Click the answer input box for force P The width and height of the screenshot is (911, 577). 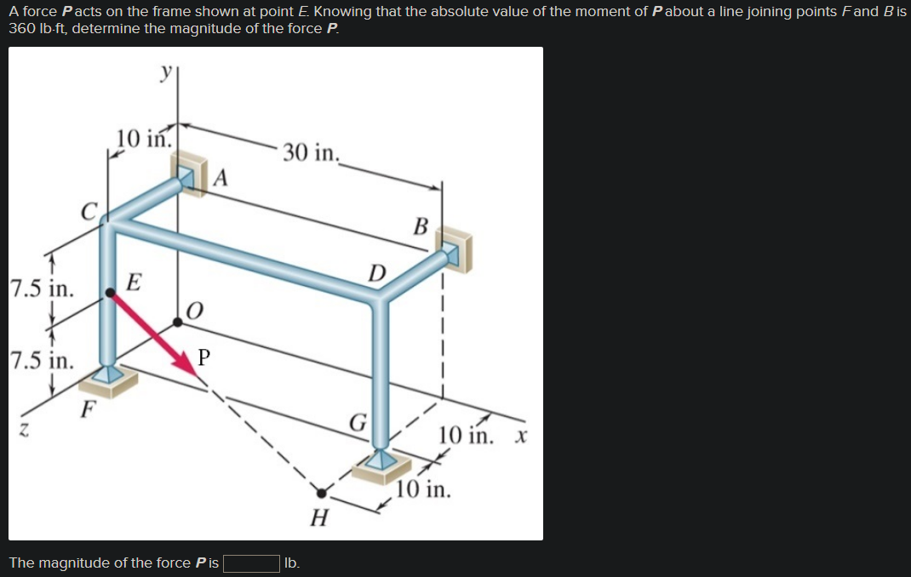pos(251,563)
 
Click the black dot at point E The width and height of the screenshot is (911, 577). pos(111,294)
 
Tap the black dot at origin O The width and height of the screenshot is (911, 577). pos(177,322)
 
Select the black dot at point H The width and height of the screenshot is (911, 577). pos(321,492)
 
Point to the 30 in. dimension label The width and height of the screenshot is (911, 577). pos(311,152)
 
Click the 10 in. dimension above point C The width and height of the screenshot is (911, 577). pos(144,138)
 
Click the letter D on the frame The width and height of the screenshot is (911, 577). pos(376,274)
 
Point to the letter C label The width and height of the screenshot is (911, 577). pos(89,209)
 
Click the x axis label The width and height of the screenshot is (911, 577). pos(521,437)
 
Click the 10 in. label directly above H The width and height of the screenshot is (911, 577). pos(423,491)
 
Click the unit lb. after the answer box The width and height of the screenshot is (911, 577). pos(292,563)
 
